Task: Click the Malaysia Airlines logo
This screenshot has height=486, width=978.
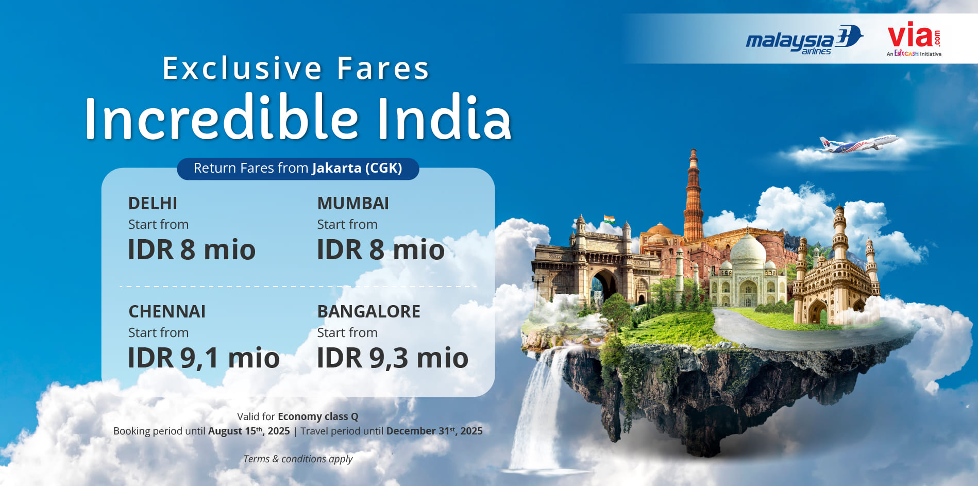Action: click(x=804, y=39)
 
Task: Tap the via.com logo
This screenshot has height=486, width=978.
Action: click(x=914, y=38)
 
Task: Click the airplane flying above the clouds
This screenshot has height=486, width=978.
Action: click(x=858, y=144)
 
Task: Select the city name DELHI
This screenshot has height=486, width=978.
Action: click(x=153, y=204)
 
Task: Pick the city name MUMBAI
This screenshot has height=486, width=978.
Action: click(x=353, y=204)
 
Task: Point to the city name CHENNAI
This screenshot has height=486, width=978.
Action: click(x=167, y=312)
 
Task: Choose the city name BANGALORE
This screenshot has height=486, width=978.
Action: click(x=369, y=312)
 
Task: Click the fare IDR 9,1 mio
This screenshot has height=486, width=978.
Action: click(x=204, y=358)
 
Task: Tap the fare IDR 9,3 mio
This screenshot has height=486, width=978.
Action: click(x=393, y=358)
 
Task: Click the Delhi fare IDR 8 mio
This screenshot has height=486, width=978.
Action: click(x=192, y=249)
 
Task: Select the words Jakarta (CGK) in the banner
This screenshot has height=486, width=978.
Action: click(x=357, y=168)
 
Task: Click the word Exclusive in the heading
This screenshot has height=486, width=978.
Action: click(x=243, y=68)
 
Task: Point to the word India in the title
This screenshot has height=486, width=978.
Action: click(x=444, y=118)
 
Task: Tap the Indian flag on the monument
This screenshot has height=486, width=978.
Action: click(x=609, y=219)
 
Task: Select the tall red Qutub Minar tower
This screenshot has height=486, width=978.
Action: click(x=694, y=196)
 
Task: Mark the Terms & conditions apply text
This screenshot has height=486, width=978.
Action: click(x=298, y=459)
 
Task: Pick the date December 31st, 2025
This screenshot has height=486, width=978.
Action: click(x=434, y=431)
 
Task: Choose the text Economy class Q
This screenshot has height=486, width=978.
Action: click(x=318, y=416)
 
